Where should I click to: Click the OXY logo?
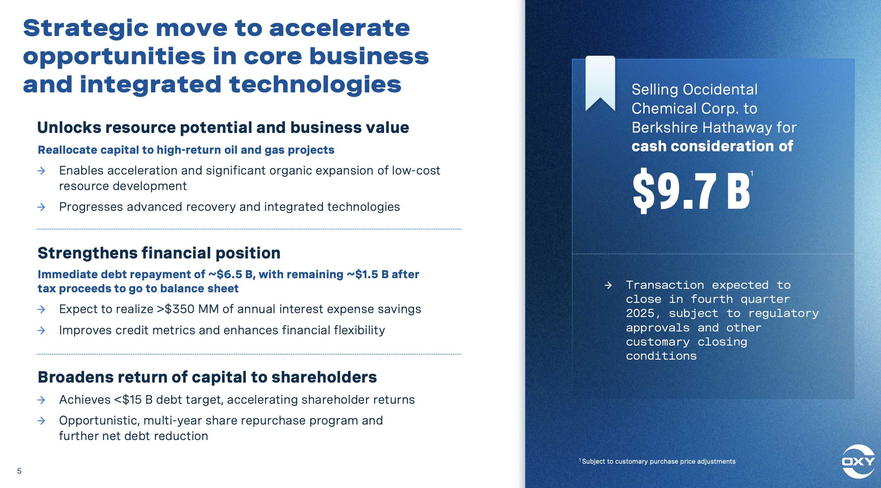[x=858, y=461]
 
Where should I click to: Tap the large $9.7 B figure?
[x=691, y=191]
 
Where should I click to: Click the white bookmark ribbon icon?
[x=600, y=83]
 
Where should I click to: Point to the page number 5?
[x=19, y=471]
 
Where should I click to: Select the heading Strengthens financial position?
[x=159, y=253]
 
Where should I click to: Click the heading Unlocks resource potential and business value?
[x=223, y=128]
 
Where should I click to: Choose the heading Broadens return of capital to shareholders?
[x=207, y=377]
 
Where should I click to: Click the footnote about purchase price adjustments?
[x=658, y=462]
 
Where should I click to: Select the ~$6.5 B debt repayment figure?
[x=230, y=274]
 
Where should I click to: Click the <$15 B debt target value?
[x=133, y=400]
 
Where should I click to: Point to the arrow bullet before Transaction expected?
[x=608, y=285]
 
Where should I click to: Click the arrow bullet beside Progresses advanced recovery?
[x=41, y=207]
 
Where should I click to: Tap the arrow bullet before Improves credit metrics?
[x=41, y=330]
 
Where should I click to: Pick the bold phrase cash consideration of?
[x=712, y=146]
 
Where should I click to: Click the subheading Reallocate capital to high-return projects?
[x=186, y=150]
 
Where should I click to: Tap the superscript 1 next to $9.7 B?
[x=752, y=173]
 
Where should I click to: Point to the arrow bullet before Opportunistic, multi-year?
[x=41, y=421]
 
